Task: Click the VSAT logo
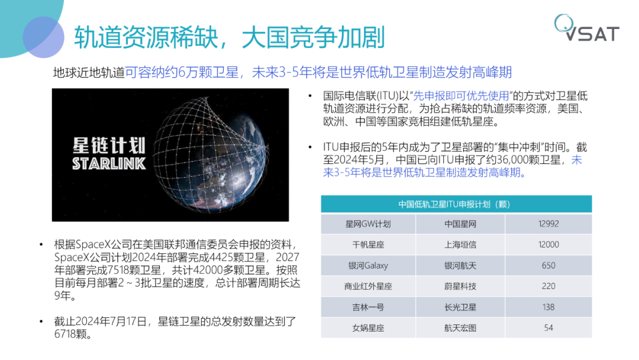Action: (588, 30)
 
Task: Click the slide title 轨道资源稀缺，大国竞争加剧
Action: (230, 37)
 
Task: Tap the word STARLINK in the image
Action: (109, 163)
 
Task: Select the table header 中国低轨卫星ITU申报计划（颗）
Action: (456, 204)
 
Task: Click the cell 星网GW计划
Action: (368, 224)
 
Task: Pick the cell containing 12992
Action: (548, 224)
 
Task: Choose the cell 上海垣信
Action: (460, 245)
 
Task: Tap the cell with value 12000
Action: (548, 245)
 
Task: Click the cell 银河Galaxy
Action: (368, 265)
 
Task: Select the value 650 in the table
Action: (548, 265)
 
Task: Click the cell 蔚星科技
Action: (460, 286)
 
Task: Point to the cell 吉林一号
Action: (368, 307)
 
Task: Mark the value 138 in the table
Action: (548, 307)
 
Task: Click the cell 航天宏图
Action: (460, 327)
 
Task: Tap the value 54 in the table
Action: (548, 327)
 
